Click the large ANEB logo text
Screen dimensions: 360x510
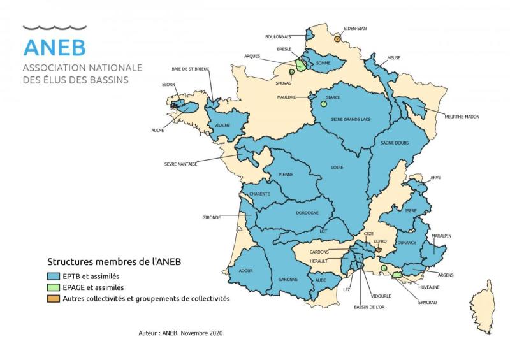[x=54, y=47]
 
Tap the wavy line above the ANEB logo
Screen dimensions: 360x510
[x=54, y=28]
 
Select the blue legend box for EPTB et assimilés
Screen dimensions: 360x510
[x=54, y=277]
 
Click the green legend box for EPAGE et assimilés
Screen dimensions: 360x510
[x=54, y=287]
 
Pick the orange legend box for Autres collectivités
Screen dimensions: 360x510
[x=54, y=298]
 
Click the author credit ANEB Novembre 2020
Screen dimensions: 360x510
[x=180, y=333]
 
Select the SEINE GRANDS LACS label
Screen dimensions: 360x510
[x=350, y=119]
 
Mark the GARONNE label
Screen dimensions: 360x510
[x=288, y=279]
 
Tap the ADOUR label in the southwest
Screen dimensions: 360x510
[x=245, y=271]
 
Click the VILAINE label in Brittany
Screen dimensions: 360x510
[x=222, y=126]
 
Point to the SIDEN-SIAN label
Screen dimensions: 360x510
[x=355, y=29]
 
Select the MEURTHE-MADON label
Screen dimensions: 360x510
[x=462, y=117]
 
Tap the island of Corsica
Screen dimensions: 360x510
[x=483, y=305]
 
